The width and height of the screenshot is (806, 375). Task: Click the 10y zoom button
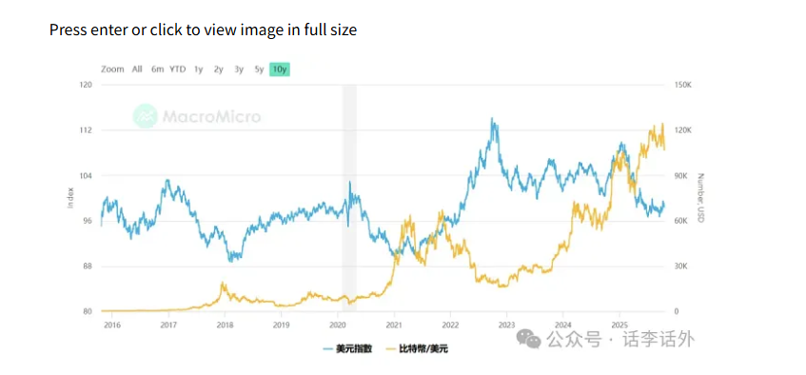pos(279,69)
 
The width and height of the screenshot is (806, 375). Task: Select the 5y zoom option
pos(259,69)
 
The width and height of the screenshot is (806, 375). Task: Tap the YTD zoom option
pos(178,69)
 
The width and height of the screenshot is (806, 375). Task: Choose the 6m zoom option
pos(157,69)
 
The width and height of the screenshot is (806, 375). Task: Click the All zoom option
pos(137,69)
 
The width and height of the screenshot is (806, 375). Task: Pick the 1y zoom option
pos(198,69)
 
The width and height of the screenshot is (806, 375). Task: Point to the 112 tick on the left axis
pos(86,130)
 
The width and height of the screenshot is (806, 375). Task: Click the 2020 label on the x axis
pos(337,325)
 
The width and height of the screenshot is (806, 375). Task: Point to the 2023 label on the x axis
pos(506,325)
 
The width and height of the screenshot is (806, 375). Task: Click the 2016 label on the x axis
pos(112,325)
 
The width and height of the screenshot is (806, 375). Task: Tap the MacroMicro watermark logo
pos(196,117)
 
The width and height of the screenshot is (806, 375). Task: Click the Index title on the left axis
pos(70,198)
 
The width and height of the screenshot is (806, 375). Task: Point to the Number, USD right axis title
pos(700,198)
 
